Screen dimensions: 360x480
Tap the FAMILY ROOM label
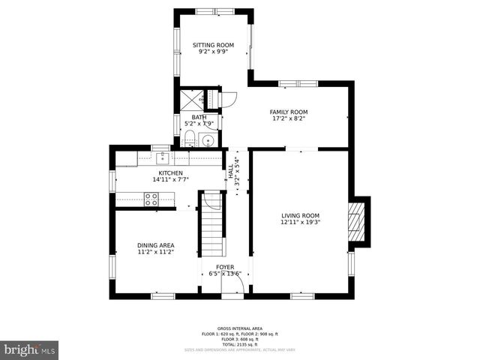click(289, 112)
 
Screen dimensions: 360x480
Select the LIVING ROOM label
click(300, 215)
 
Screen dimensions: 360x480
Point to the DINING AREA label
click(155, 245)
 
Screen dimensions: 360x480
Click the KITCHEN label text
click(170, 172)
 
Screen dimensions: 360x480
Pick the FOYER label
click(225, 267)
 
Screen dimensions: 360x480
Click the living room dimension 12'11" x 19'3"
click(300, 223)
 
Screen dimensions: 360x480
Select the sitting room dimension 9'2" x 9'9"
click(213, 52)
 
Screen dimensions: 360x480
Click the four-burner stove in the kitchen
click(151, 199)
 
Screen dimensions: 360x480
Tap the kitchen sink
click(162, 157)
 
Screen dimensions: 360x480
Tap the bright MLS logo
click(29, 349)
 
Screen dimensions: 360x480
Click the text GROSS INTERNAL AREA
click(240, 328)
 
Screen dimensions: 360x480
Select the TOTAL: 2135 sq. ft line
click(240, 343)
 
